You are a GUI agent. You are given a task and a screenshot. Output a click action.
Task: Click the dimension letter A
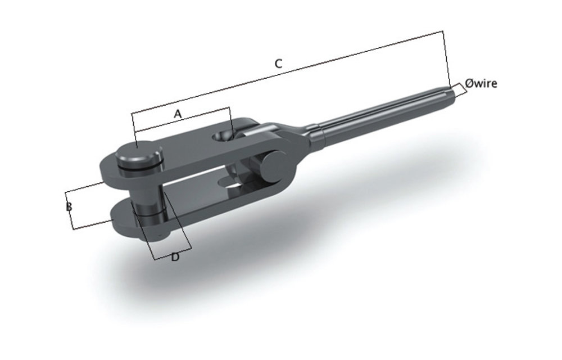coord(178,114)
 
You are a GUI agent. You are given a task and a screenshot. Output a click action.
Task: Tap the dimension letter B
coord(69,207)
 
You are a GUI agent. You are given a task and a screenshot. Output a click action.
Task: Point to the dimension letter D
coord(175,257)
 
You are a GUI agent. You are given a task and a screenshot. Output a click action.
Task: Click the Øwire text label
coord(481,84)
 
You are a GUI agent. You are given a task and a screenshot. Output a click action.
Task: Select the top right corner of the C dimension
coord(443,31)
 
